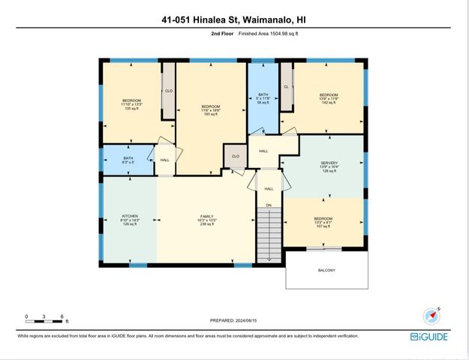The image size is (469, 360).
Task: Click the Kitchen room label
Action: coord(131,220)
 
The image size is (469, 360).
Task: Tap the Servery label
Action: coord(329,166)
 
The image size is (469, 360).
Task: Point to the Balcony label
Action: coord(326,270)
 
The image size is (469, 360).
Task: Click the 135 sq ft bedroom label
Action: coord(132,104)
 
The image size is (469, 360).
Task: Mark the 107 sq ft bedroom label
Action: coord(323,223)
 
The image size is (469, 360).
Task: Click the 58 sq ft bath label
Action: coord(263,98)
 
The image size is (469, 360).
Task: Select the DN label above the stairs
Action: coord(269,205)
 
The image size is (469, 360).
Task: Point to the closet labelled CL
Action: coord(286,87)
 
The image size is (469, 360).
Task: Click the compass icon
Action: coord(434,315)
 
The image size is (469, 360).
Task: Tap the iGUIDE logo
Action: coord(429,337)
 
